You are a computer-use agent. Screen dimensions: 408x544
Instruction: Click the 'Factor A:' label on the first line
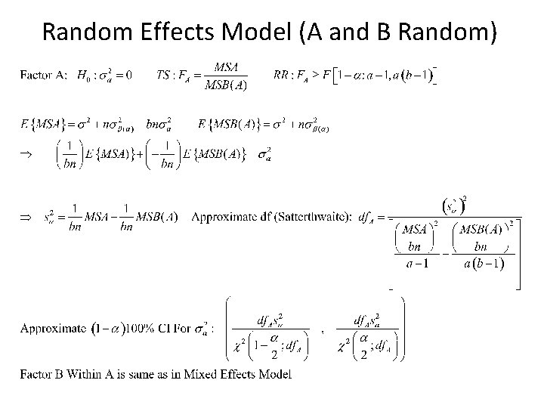click(44, 74)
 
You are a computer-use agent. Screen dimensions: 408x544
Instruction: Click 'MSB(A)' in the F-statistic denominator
click(225, 85)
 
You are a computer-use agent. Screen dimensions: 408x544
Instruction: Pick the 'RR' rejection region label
click(280, 75)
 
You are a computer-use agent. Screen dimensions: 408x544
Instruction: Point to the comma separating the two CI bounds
click(323, 330)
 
